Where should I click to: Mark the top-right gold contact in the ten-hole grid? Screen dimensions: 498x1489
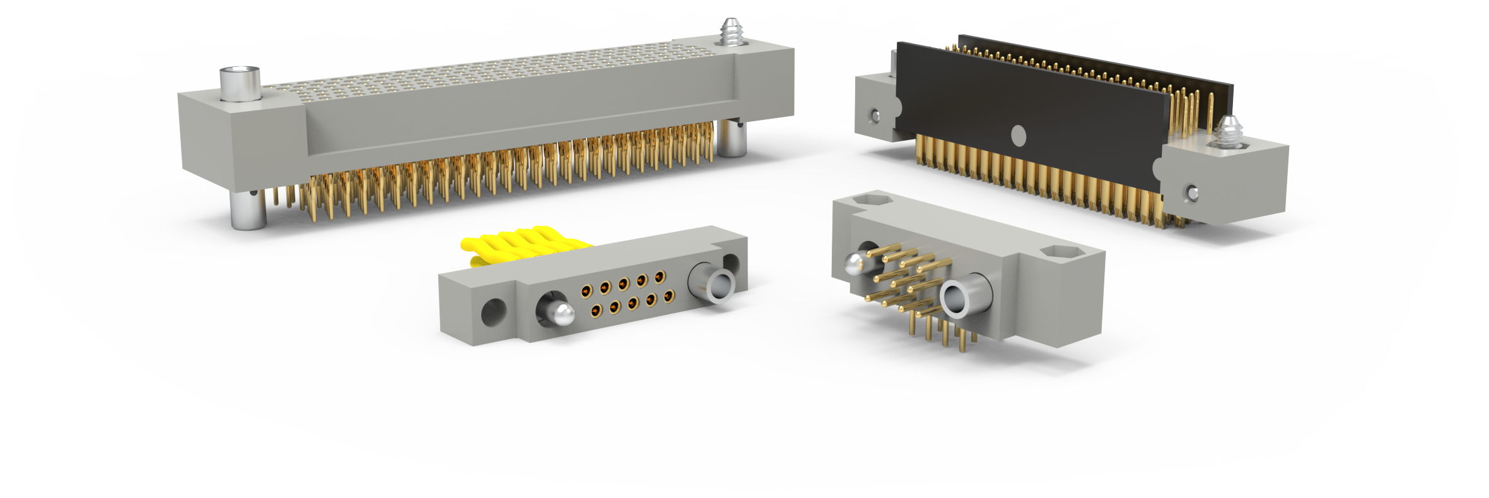point(660,276)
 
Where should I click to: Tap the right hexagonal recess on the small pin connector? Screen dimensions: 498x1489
point(1064,253)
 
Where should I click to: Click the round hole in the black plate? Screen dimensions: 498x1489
point(1018,136)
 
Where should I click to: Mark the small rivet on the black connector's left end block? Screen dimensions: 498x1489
point(874,116)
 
